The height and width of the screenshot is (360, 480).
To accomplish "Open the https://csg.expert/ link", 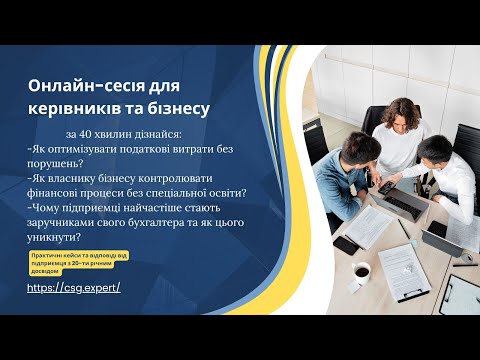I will (74, 287).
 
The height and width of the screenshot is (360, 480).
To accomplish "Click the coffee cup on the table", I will (360, 271).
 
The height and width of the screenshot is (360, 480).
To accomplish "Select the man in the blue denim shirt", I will (448, 170).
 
